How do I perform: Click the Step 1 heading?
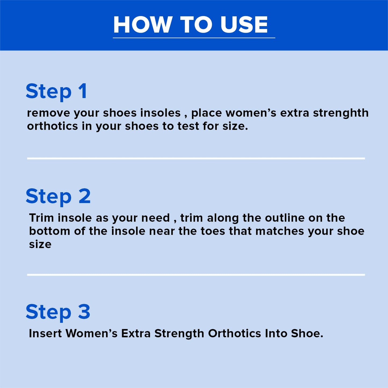pyautogui.click(x=56, y=91)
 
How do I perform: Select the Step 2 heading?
pyautogui.click(x=58, y=196)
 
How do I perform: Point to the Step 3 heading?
pyautogui.click(x=58, y=312)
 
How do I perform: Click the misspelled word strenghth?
pyautogui.click(x=341, y=113)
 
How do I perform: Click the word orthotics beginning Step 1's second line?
pyautogui.click(x=52, y=126)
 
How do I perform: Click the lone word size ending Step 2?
pyautogui.click(x=40, y=244)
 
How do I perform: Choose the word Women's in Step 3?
pyautogui.click(x=92, y=333)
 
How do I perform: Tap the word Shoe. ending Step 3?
pyautogui.click(x=307, y=333)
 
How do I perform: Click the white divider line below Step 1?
pyautogui.click(x=196, y=158)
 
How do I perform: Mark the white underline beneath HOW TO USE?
pyautogui.click(x=194, y=38)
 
